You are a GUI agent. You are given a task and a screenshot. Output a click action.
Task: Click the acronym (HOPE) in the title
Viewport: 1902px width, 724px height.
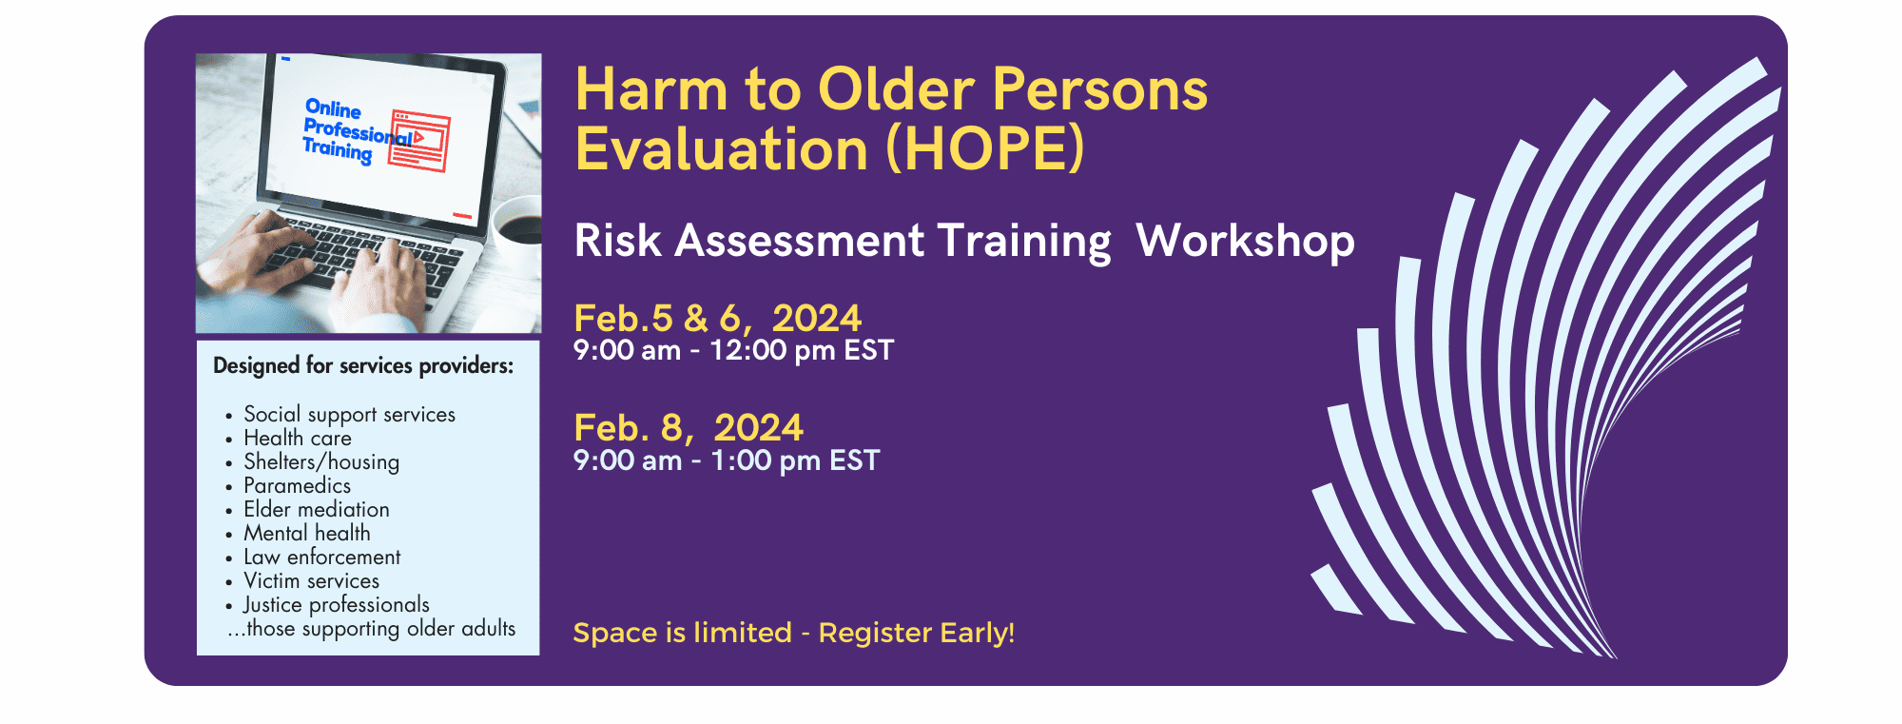(985, 149)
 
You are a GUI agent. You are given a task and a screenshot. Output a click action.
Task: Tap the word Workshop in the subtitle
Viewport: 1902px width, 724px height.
(1246, 241)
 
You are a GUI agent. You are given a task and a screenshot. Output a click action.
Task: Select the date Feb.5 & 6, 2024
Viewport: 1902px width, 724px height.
(718, 318)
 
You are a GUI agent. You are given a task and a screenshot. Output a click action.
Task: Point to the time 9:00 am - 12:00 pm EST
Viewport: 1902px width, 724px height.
(733, 350)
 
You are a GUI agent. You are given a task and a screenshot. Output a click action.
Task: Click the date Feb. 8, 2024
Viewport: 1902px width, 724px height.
(689, 428)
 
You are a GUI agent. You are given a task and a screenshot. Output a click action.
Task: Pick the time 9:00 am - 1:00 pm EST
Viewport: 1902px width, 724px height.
(727, 460)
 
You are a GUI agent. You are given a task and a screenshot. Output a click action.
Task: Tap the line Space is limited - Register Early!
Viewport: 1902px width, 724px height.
(794, 633)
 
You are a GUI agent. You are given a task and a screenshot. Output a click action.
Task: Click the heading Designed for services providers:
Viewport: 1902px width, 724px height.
(363, 365)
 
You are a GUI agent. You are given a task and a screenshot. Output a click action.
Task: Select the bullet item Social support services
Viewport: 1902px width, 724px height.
(349, 415)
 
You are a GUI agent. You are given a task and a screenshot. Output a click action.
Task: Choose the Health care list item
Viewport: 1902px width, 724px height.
(298, 438)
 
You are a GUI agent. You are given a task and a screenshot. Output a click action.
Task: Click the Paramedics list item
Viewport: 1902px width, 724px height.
(297, 485)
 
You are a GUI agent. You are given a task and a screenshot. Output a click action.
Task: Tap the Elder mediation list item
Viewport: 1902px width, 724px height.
(317, 509)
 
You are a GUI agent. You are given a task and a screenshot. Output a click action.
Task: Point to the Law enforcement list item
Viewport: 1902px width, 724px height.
(322, 557)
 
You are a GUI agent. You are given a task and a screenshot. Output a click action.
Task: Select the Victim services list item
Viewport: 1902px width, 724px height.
(311, 580)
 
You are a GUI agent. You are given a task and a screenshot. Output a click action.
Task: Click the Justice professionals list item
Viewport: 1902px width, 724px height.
(336, 605)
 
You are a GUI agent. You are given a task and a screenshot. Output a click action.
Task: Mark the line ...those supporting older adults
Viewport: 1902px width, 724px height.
(371, 629)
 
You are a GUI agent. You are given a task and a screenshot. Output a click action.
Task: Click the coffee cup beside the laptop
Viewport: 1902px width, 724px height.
(516, 224)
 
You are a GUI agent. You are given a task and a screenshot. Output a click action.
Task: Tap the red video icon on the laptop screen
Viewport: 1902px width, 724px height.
(420, 141)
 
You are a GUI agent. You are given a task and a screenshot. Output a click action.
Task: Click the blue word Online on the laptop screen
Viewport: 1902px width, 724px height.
(333, 108)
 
